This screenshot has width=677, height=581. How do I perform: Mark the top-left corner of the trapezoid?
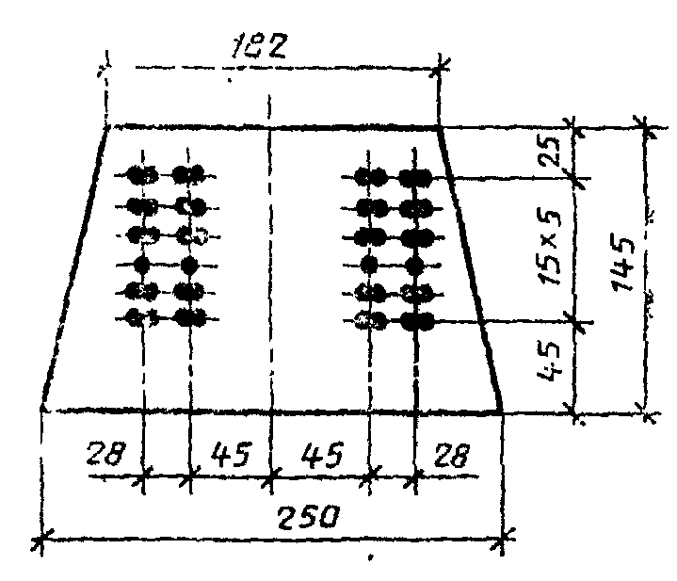coord(109,126)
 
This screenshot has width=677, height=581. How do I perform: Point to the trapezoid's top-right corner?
coord(438,126)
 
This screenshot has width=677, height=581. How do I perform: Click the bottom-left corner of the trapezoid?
coord(42,409)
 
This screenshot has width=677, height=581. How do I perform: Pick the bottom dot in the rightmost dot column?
coord(414,321)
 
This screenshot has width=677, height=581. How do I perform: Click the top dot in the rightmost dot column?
coord(414,175)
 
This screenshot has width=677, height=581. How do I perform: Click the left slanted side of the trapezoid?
coord(75,268)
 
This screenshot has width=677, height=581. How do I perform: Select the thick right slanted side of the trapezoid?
coord(469,268)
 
